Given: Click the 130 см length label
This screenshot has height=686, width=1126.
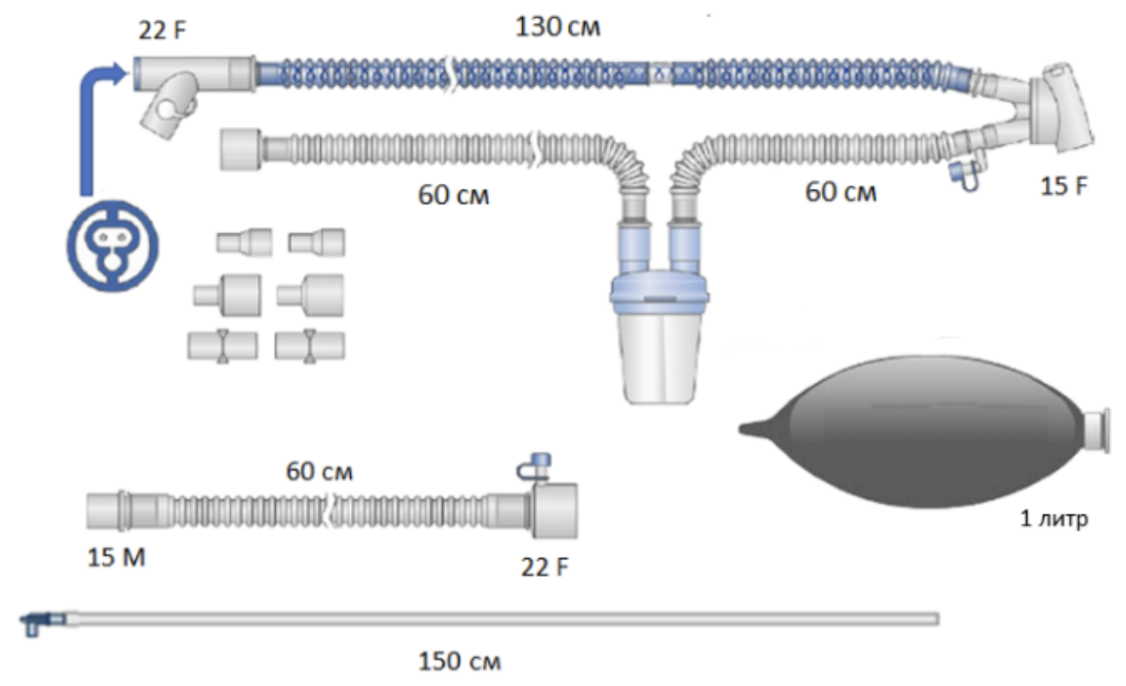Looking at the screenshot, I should [558, 26].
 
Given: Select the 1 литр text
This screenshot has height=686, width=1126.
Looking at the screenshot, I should [1054, 518].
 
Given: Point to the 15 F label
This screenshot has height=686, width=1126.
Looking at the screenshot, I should [1064, 186].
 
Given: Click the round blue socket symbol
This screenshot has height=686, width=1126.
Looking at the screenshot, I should [112, 243].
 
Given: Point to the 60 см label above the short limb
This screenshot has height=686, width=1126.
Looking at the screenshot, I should [319, 470].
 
